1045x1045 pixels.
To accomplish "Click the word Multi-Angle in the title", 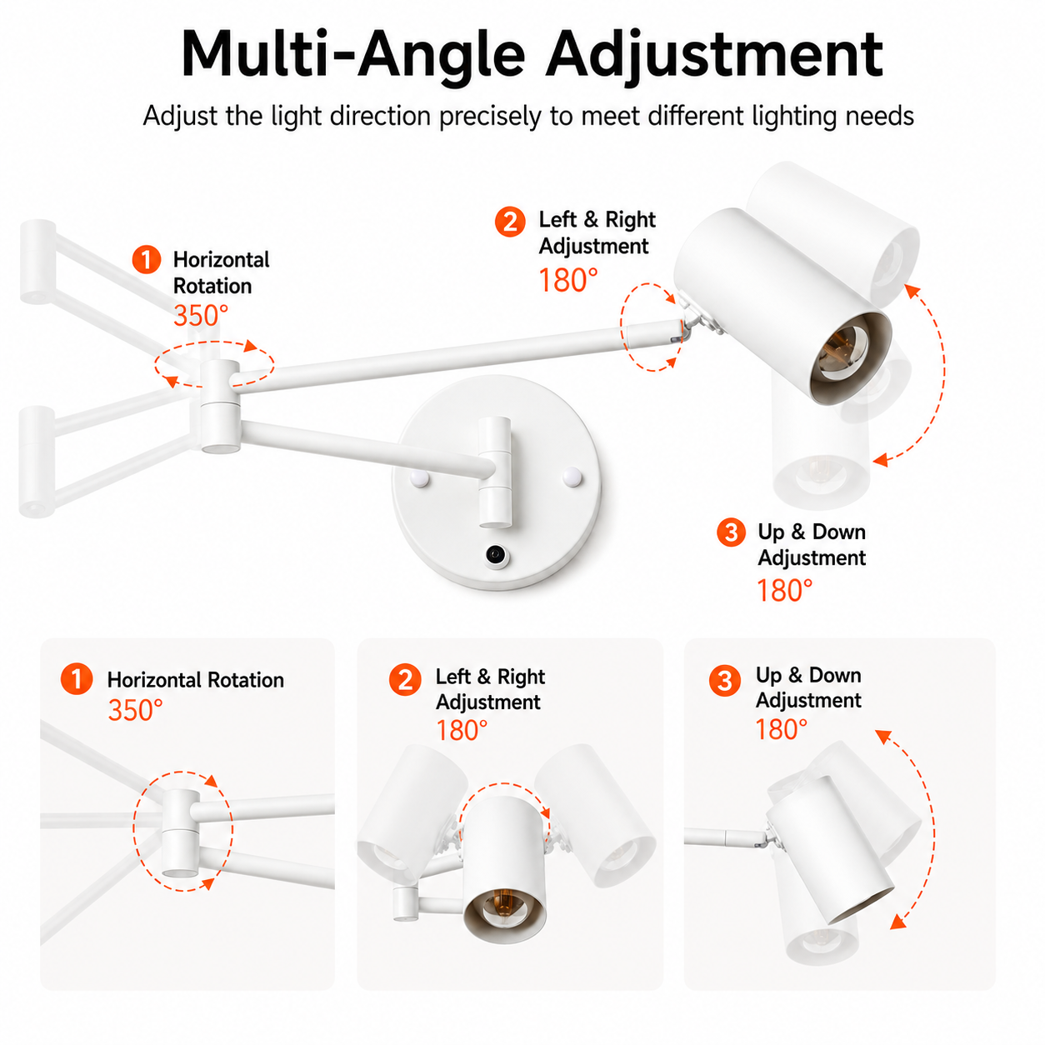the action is coord(353,55).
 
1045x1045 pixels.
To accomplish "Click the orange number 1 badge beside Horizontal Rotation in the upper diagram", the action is coord(147,259).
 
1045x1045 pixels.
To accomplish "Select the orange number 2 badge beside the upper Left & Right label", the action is coord(510,222).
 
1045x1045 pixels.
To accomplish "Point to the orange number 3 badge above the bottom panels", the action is coord(731,532).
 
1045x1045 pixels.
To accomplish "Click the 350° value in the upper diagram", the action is coord(201,316).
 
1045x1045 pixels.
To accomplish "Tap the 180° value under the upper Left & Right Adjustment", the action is coord(567,280).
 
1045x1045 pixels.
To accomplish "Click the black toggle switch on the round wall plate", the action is coord(495,554).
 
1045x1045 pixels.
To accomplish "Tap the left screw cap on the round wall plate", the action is coord(420,478).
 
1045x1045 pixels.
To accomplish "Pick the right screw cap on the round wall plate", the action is coord(572,477).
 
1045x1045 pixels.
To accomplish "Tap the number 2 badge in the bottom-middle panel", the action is coord(404,679).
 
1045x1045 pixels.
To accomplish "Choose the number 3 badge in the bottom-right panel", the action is coord(724,680).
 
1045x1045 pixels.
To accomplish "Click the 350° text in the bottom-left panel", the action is coord(135,710).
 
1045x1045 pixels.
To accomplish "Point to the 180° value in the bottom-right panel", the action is coord(782,729).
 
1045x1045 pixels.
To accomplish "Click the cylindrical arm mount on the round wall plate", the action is coord(494,472).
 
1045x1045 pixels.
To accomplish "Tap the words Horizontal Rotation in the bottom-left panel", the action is coord(195,680).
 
